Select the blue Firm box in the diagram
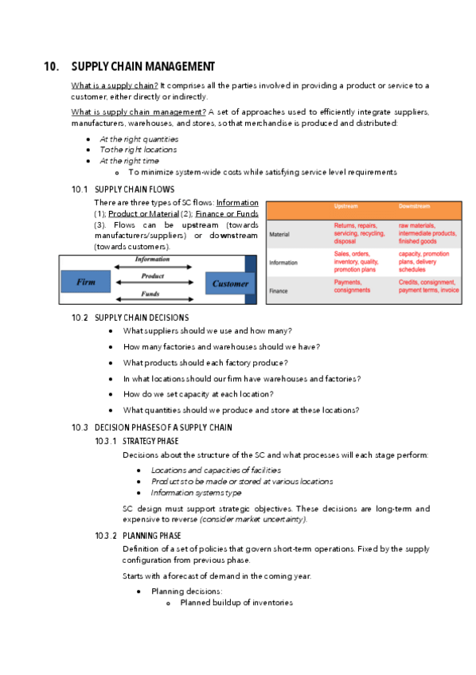[x=86, y=283]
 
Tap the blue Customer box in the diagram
[x=230, y=283]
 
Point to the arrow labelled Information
[x=152, y=267]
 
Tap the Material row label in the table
[x=279, y=235]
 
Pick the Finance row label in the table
[x=279, y=291]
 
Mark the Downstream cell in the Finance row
[x=428, y=287]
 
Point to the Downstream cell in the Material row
[x=427, y=233]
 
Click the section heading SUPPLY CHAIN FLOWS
[x=134, y=189]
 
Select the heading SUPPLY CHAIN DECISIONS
[x=141, y=318]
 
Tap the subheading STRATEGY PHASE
[x=150, y=441]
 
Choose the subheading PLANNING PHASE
[x=151, y=536]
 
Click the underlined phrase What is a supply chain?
[x=115, y=85]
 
